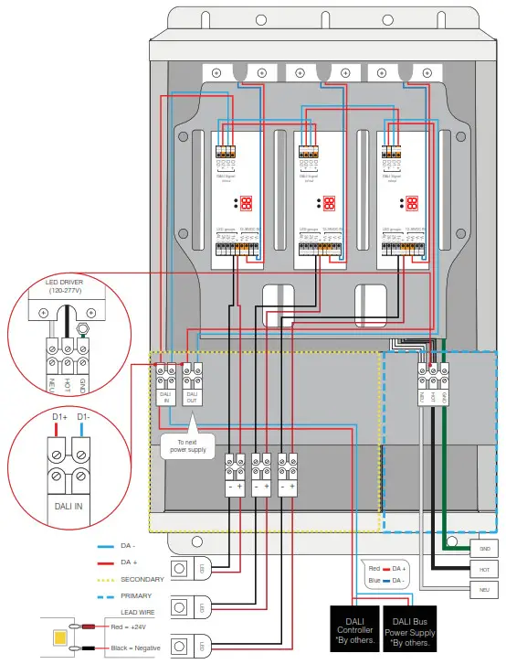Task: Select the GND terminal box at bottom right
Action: point(483,548)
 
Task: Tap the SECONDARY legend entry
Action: point(142,579)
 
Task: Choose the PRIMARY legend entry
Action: point(136,595)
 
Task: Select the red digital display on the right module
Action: point(412,203)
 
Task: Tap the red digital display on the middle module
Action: point(330,203)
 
